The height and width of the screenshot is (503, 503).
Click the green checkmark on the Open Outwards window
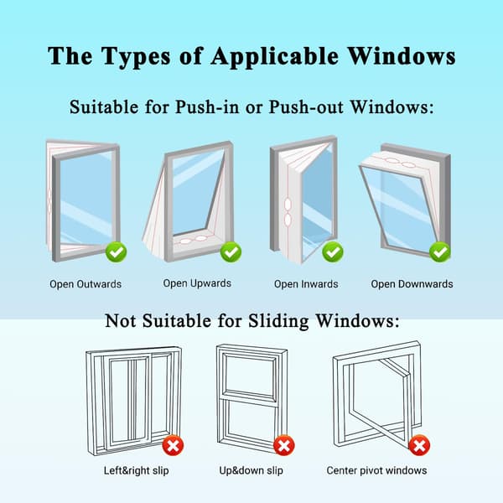tap(117, 252)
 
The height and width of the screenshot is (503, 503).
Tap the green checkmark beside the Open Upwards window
tap(231, 251)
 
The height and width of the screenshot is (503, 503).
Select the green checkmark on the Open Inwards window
tap(333, 252)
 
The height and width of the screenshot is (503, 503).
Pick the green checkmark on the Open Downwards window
tap(440, 252)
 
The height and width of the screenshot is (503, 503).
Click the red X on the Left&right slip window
tap(173, 445)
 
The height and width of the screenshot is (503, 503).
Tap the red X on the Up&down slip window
tap(284, 445)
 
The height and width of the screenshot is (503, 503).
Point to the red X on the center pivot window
tap(419, 445)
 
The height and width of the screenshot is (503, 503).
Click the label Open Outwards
tap(86, 284)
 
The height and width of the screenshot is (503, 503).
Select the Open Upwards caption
tap(197, 283)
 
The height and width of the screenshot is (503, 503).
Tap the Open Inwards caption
tap(306, 284)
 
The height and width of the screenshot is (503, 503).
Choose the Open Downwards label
tap(412, 284)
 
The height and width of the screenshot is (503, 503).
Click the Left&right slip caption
tap(136, 470)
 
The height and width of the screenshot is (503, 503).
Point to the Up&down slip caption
tap(251, 470)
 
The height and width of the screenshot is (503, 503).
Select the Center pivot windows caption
tap(376, 470)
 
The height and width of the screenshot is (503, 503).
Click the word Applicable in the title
tap(275, 56)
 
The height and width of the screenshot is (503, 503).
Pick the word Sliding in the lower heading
tap(278, 321)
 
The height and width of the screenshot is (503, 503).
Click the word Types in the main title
tap(136, 57)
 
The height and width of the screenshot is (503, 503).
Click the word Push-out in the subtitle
tap(306, 106)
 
